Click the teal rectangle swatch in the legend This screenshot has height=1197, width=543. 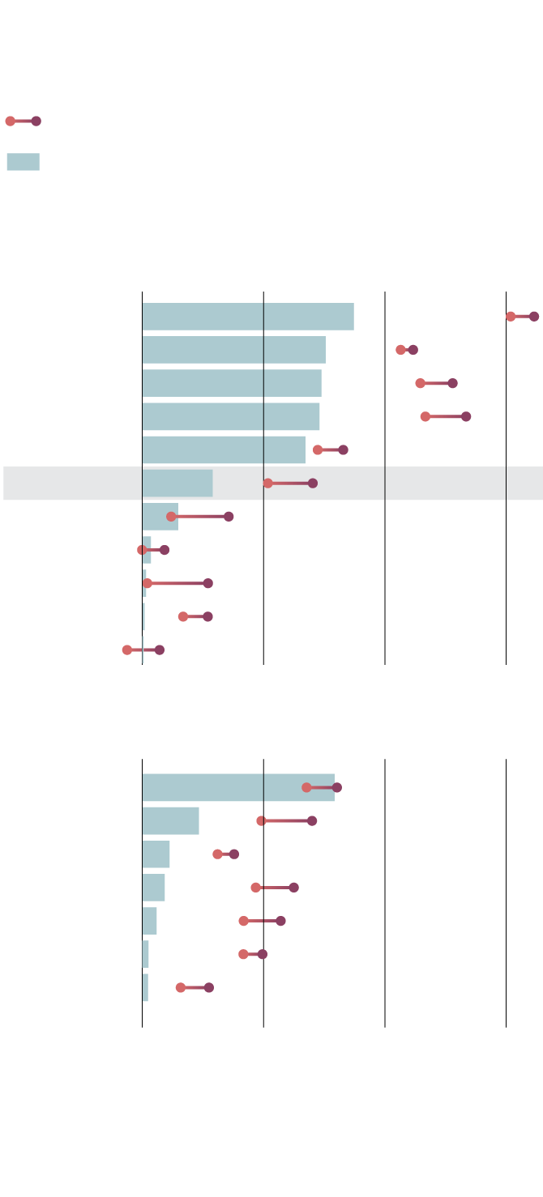23,162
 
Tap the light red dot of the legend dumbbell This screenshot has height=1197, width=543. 10,121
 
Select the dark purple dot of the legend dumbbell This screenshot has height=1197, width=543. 36,121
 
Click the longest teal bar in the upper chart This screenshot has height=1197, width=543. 248,317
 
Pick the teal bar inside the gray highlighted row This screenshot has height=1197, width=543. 177,483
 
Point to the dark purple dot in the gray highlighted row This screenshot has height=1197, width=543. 313,483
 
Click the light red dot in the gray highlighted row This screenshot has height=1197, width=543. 268,483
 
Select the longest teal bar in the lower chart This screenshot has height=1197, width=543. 238,788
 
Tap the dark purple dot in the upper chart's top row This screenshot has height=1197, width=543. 534,317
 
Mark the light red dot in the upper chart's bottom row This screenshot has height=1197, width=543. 127,650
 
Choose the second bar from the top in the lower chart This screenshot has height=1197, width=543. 170,821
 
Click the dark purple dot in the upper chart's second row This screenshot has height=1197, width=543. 413,350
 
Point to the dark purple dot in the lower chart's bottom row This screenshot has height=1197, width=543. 209,987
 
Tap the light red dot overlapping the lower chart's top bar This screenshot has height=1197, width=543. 306,788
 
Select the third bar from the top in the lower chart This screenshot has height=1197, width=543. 156,854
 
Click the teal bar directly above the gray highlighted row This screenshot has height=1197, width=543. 224,450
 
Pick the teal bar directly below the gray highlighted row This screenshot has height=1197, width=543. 160,517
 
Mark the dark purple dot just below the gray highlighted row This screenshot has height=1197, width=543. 229,517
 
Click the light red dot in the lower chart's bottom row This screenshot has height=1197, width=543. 181,987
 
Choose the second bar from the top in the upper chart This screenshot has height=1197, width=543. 234,350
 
